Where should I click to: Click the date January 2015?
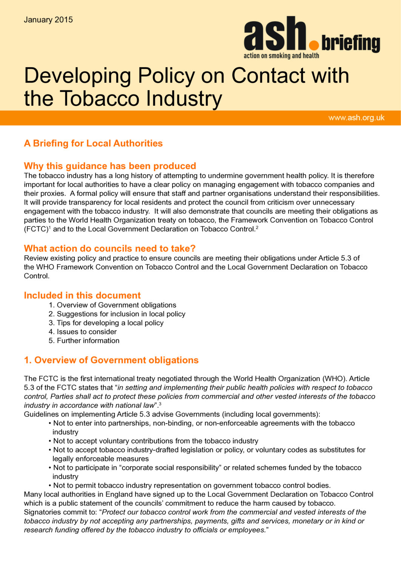[48, 20]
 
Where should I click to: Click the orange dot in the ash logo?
[314, 45]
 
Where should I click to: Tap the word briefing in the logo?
[351, 43]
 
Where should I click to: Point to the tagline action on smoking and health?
[281, 56]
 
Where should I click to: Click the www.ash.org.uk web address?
[356, 118]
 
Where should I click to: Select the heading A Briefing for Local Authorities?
[93, 143]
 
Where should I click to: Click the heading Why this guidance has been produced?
[110, 166]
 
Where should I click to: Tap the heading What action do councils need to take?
[110, 248]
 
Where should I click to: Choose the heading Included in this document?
[82, 295]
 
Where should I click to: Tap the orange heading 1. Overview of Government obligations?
[111, 360]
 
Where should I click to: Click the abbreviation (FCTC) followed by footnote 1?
[36, 229]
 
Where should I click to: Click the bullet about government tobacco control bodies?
[191, 485]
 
